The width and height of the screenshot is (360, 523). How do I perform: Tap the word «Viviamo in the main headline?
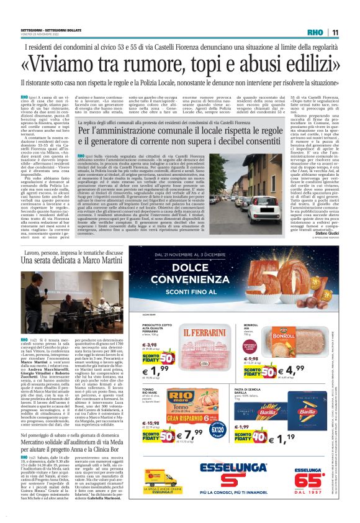coord(66,63)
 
